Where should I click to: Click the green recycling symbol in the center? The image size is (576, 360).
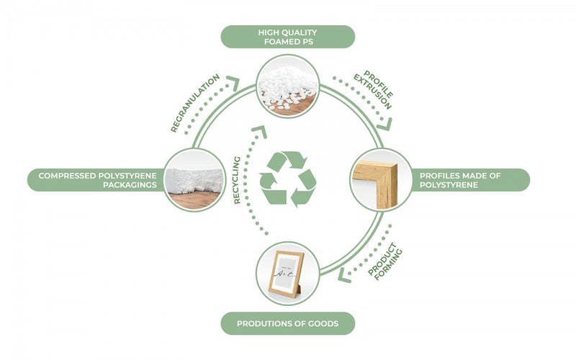tap(287, 179)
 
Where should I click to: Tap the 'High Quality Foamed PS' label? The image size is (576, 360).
tap(287, 37)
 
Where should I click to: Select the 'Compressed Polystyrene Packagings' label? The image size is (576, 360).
tap(94, 180)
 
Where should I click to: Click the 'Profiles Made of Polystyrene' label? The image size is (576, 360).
tap(472, 180)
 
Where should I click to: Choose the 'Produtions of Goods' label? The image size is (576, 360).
tap(287, 323)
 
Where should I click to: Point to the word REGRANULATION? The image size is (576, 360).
tap(194, 102)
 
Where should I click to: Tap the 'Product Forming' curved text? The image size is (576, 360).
tap(385, 261)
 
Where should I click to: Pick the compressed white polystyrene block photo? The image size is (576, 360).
tap(195, 180)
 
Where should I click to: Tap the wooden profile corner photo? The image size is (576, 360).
tap(381, 179)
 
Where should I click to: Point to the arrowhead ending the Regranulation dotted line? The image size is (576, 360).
tap(232, 81)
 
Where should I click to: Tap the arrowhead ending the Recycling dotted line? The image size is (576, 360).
tap(259, 132)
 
